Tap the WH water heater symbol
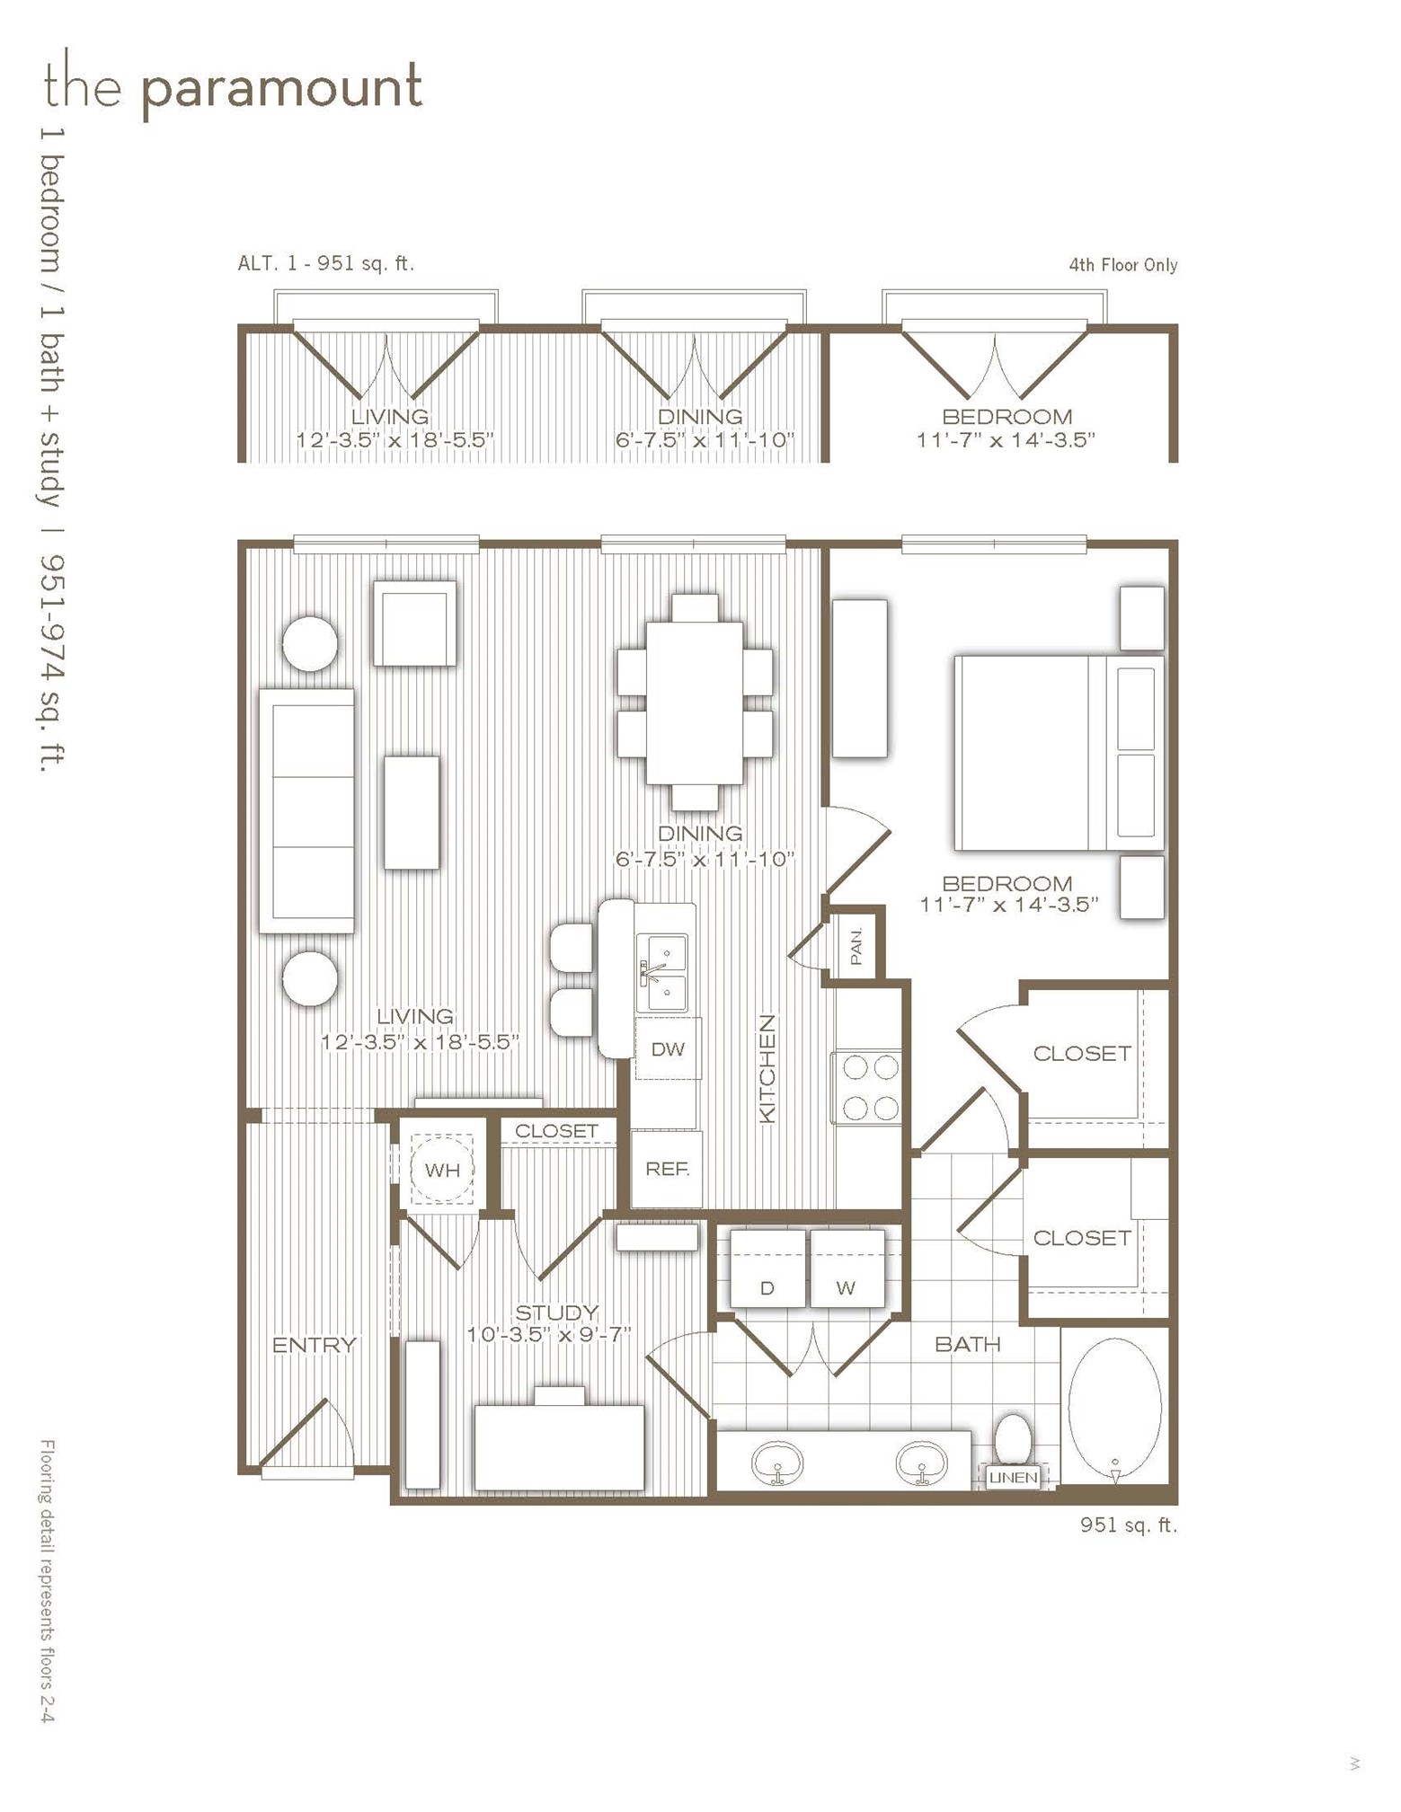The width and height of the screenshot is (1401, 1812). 441,1169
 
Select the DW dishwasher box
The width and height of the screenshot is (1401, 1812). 668,1047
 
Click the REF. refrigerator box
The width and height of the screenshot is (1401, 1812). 667,1169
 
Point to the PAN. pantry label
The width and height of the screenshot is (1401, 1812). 856,946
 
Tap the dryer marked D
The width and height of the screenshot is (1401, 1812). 767,1268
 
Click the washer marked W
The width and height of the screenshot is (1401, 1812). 847,1268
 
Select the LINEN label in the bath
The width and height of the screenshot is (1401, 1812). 1014,1476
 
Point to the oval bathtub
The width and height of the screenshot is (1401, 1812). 1114,1410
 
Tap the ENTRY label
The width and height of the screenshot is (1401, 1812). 315,1345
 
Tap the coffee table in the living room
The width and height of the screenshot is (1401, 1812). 412,812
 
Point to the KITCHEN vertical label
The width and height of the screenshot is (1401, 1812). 767,1068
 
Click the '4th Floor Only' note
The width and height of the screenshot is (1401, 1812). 1123,265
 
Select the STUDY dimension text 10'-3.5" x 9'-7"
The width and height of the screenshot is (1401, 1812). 549,1334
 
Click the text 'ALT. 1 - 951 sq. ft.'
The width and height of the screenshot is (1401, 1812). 326,263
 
